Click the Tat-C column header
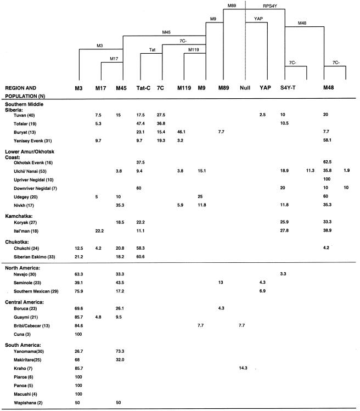pyautogui.click(x=142, y=87)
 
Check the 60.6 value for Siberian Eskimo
pyautogui.click(x=141, y=258)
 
